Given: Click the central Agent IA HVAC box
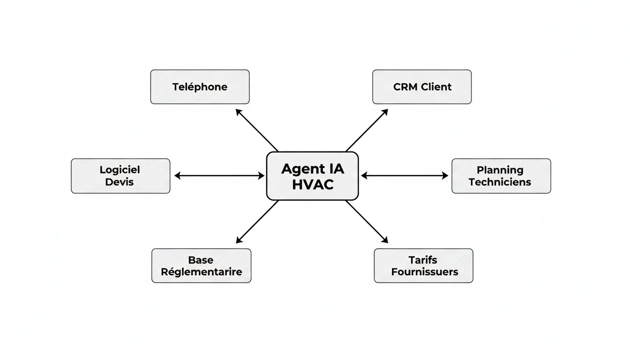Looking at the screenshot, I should [x=312, y=176].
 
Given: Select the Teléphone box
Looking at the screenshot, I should [x=200, y=87].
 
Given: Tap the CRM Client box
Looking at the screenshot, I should [x=422, y=87].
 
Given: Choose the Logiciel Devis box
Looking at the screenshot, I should [x=120, y=176].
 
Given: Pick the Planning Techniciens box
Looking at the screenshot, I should [x=501, y=176].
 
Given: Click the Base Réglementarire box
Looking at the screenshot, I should [x=201, y=266].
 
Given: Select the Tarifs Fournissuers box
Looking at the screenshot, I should [x=423, y=266].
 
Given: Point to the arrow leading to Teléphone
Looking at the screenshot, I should [x=257, y=130].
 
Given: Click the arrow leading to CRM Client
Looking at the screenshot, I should [x=367, y=130].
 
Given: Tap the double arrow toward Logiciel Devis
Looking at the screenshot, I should [x=219, y=176].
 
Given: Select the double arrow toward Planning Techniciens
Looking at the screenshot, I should [x=405, y=176].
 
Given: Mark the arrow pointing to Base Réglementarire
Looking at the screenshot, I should [x=257, y=222].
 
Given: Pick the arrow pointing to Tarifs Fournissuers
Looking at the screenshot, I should [x=367, y=222].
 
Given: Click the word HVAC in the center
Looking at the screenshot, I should [x=312, y=185].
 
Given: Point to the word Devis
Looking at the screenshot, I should [x=120, y=182].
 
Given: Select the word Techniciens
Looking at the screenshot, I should [x=500, y=182].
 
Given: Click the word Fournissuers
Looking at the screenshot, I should [x=425, y=272].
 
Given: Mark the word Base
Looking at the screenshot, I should [x=201, y=260].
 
